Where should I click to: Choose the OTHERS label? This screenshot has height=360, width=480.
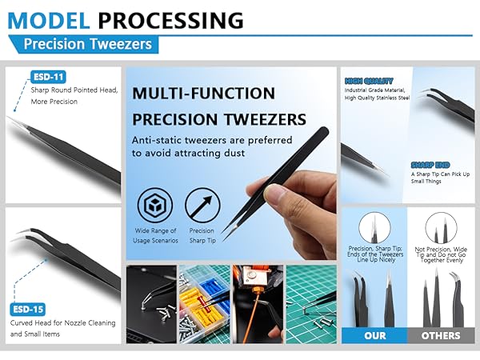440,336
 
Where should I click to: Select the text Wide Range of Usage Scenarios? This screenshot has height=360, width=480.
155,236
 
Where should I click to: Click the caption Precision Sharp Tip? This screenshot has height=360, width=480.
202,236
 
